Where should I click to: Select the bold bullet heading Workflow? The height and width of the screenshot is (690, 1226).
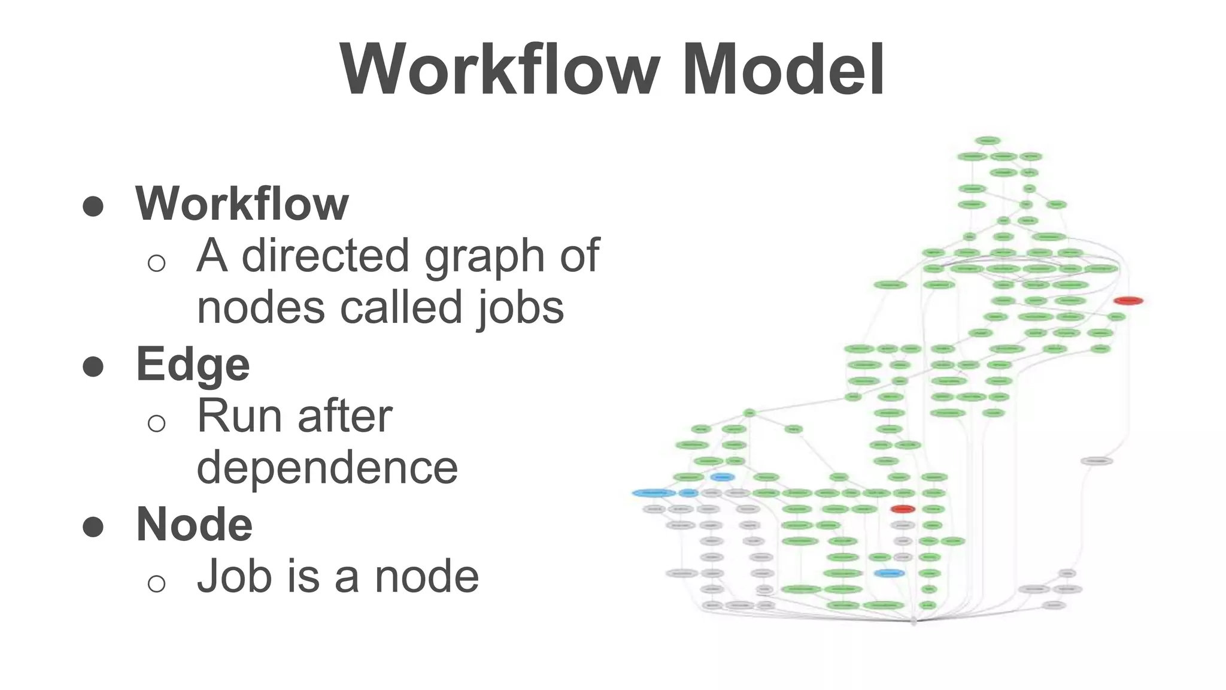coord(242,204)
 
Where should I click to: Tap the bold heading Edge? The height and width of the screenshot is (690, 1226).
coord(193,364)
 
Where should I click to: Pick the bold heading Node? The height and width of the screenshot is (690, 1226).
coord(195,524)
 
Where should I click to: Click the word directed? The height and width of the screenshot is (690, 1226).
coord(326,256)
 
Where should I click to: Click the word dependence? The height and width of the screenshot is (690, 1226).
coord(327,467)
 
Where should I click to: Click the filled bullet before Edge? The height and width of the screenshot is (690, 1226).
coord(93,366)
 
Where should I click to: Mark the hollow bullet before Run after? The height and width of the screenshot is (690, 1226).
coord(156,423)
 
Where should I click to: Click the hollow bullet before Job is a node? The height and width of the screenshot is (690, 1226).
coord(156,583)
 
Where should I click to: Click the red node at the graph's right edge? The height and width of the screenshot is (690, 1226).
coord(1128,301)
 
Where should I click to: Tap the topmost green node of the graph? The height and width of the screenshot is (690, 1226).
coord(987,141)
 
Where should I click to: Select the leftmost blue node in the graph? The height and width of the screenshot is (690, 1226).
coord(654,493)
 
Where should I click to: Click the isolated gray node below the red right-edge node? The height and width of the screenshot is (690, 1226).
coord(1097,461)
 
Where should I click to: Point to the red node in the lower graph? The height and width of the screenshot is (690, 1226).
coord(903,509)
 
